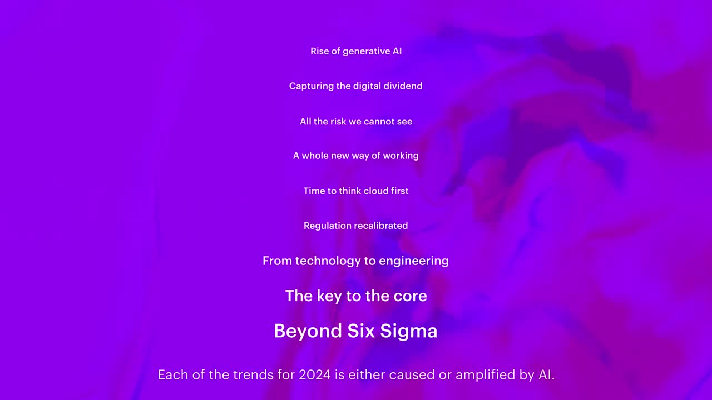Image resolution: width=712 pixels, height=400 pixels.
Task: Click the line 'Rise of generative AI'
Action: coord(356,51)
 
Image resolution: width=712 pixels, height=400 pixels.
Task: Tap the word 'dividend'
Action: coord(403,86)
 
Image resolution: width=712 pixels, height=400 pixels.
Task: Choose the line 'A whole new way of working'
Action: coord(355,156)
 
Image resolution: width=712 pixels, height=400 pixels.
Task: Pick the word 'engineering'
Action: coord(414,261)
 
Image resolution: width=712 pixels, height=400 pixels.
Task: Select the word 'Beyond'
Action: coord(308,331)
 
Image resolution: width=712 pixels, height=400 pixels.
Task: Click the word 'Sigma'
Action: coord(409,332)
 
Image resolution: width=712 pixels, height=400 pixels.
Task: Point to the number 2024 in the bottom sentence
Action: coord(315,375)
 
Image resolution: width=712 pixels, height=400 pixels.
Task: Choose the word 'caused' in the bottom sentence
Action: coord(412,375)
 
